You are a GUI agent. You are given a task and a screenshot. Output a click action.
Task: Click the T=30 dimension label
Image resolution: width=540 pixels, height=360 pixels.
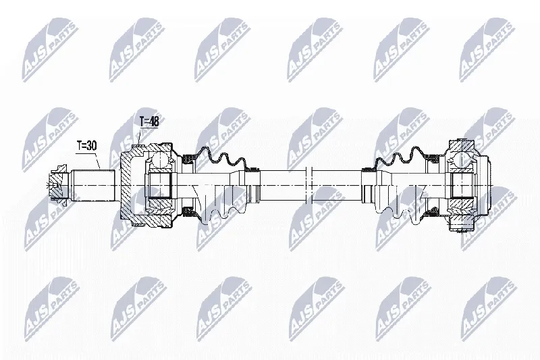[86, 146]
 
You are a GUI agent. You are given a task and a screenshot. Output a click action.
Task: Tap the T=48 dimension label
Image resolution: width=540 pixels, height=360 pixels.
[148, 122]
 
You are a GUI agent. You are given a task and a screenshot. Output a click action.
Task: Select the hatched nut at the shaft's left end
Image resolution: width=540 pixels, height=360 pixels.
[57, 184]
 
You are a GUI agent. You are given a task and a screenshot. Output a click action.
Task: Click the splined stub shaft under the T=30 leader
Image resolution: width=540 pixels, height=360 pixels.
[93, 185]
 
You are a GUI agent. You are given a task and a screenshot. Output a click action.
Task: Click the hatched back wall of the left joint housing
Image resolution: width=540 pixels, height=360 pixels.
[125, 186]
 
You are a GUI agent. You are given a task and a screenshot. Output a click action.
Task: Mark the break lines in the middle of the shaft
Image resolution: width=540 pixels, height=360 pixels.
[308, 185]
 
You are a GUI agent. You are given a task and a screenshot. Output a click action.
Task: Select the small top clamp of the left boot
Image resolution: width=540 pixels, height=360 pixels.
[253, 169]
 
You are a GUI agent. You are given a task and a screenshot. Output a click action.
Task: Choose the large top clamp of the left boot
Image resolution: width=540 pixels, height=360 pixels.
[188, 159]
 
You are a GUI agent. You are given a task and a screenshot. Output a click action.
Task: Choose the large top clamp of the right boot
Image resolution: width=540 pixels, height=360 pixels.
[432, 159]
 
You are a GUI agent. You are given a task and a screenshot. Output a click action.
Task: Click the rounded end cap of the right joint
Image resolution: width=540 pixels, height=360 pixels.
[483, 186]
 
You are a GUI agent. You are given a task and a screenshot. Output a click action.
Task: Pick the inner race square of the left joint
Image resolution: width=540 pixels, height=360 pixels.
[160, 185]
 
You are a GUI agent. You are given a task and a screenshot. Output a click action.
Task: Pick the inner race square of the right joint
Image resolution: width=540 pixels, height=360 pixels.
[461, 185]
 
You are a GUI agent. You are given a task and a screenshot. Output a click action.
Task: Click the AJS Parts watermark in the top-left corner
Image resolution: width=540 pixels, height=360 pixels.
[50, 49]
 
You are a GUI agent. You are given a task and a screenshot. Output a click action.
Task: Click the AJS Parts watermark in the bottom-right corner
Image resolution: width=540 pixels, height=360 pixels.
[489, 309]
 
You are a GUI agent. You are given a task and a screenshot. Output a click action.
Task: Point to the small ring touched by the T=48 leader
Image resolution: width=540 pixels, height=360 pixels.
[138, 147]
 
